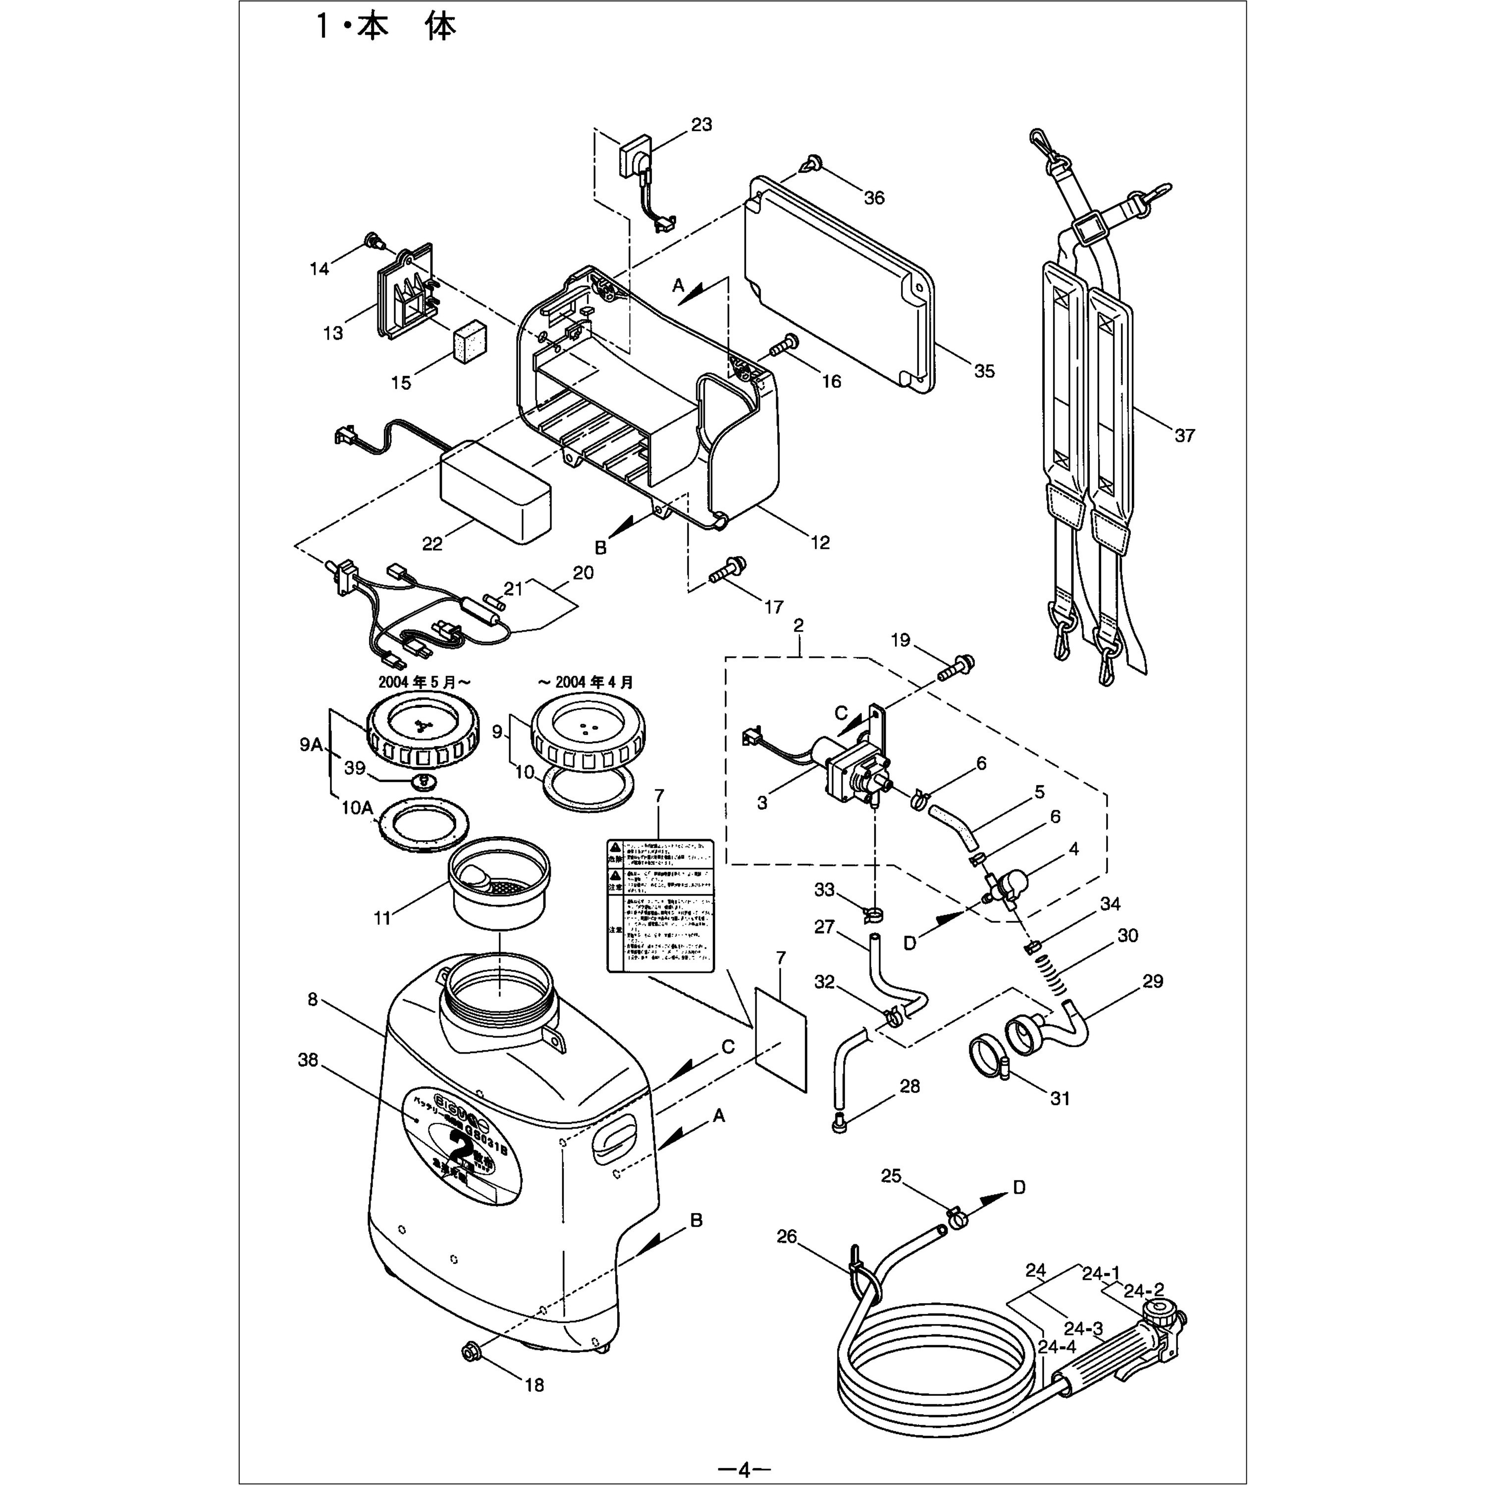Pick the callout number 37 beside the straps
coord(1184,435)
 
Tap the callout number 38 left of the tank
coord(308,1060)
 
